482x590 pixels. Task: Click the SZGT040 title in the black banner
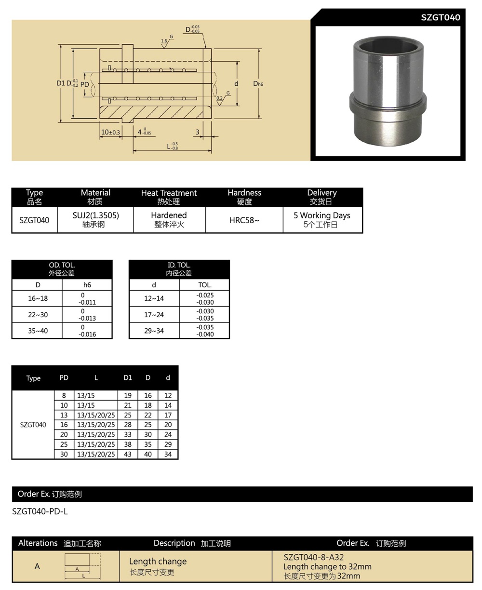[x=440, y=17]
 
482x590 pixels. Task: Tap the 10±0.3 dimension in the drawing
[x=110, y=132]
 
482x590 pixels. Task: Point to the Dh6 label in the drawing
[x=258, y=84]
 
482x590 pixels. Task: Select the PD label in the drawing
[x=85, y=84]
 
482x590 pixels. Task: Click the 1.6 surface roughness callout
[x=164, y=41]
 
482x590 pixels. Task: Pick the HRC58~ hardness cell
[x=244, y=220]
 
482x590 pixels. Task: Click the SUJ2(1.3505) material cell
[x=95, y=215]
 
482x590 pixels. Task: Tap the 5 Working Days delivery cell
[x=321, y=215]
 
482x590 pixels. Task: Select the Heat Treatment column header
[x=169, y=193]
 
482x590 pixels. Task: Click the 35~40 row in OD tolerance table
[x=38, y=331]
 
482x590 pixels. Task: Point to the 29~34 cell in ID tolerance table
[x=154, y=331]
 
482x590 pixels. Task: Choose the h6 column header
[x=87, y=285]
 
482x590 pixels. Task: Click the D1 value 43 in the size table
[x=128, y=454]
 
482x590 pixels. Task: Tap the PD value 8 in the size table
[x=64, y=395]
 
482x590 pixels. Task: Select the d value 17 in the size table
[x=168, y=415]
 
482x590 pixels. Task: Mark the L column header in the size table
[x=96, y=378]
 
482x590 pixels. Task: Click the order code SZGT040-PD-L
[x=40, y=511]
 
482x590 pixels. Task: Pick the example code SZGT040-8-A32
[x=314, y=557]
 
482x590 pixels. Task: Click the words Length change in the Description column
[x=158, y=561]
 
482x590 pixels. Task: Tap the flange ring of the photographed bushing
[x=388, y=102]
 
